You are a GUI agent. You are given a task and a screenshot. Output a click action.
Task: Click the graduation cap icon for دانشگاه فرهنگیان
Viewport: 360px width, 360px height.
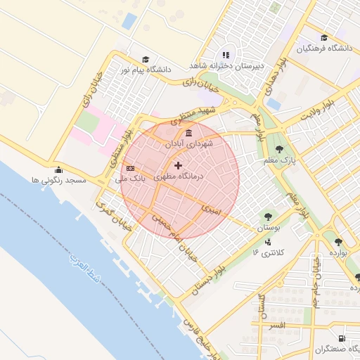324,38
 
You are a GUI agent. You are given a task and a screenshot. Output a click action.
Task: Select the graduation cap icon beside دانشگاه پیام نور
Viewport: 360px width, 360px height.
146,60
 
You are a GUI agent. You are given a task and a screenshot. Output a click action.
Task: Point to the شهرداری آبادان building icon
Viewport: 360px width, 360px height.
188,133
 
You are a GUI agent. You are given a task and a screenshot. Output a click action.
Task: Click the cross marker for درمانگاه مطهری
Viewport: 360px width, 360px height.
177,165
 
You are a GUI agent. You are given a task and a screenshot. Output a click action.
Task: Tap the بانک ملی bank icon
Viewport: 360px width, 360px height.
131,169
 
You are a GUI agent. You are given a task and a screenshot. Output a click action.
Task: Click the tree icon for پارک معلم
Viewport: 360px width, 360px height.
280,149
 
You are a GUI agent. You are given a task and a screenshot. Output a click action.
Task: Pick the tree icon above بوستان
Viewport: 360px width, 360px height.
268,217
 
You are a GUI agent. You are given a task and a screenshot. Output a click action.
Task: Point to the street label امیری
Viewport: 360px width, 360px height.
210,209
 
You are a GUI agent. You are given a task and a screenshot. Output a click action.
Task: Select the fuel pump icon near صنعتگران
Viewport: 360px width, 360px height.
341,338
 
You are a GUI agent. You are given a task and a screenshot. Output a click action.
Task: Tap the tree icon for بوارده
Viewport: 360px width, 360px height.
339,241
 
